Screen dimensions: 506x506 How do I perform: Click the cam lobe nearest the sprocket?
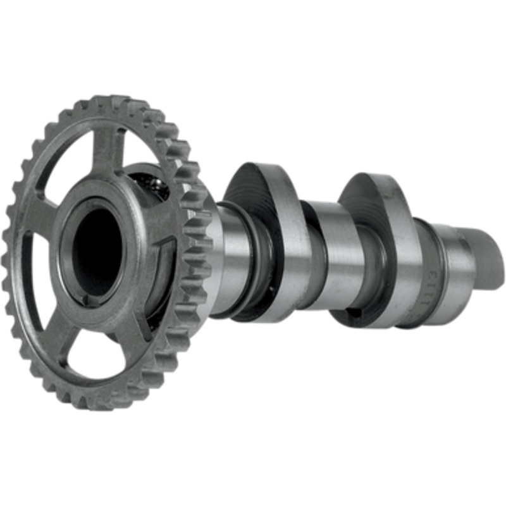coord(266,234)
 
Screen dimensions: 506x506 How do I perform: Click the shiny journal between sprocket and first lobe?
coord(231,259)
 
